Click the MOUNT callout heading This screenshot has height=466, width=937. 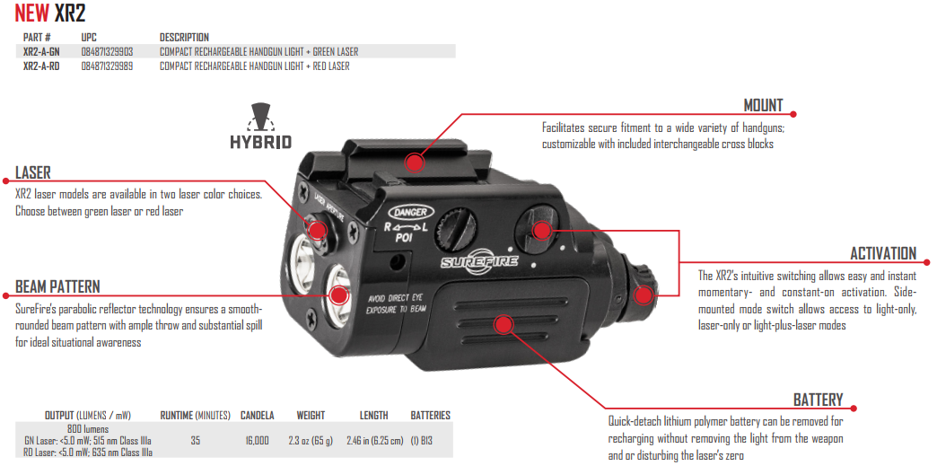click(763, 105)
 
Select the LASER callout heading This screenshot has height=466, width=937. click(33, 172)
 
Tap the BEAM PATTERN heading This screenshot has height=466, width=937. click(57, 287)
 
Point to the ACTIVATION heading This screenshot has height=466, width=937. click(883, 253)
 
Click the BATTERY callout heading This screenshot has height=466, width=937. click(818, 400)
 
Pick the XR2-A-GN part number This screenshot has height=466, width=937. click(41, 52)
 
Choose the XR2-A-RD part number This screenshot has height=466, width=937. click(41, 66)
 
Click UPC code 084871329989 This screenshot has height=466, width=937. click(107, 66)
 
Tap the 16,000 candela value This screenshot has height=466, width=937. click(256, 440)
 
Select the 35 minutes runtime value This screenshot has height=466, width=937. click(195, 440)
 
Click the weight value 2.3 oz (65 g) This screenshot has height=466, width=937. click(311, 440)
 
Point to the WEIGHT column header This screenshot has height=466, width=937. click(311, 416)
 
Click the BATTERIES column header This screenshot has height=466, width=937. click(430, 416)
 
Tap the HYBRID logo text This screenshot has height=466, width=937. click(260, 142)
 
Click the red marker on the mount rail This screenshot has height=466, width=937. click(414, 162)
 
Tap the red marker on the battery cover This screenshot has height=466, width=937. click(504, 323)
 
